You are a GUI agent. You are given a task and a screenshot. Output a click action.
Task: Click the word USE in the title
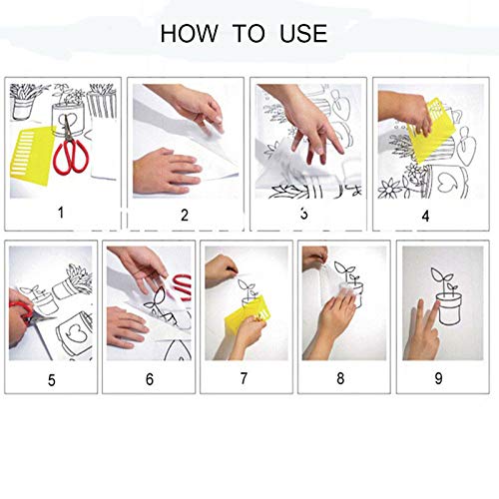coord(302,33)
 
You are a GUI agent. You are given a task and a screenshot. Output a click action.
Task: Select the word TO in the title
coord(249,33)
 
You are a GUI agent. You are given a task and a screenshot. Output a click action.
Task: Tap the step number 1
coord(62,212)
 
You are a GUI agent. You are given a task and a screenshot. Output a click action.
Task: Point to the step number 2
coord(184,214)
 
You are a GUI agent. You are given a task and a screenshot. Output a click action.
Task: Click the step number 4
coord(425,215)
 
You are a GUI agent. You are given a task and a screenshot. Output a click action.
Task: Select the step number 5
coord(52,378)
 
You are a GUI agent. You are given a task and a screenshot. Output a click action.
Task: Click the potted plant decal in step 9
coord(446,299)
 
